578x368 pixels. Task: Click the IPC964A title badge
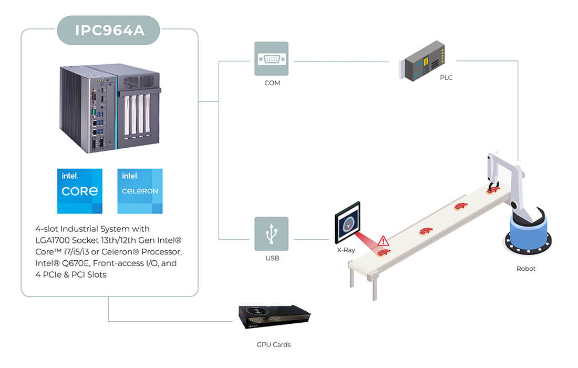click(108, 30)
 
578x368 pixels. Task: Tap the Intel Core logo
click(80, 191)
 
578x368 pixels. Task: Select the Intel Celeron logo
click(140, 191)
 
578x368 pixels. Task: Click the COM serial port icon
click(271, 59)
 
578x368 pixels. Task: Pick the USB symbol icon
click(271, 234)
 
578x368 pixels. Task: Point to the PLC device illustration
click(422, 61)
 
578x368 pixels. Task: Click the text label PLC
click(446, 77)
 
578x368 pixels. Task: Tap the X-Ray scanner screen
click(347, 223)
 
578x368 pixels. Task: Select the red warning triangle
click(384, 241)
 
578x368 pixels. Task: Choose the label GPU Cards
click(274, 344)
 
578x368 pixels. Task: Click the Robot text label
click(525, 269)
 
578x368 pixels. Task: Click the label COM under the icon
click(272, 83)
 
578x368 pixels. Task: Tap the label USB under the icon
click(272, 258)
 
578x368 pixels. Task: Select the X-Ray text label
click(346, 250)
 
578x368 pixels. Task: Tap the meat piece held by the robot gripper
click(492, 190)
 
